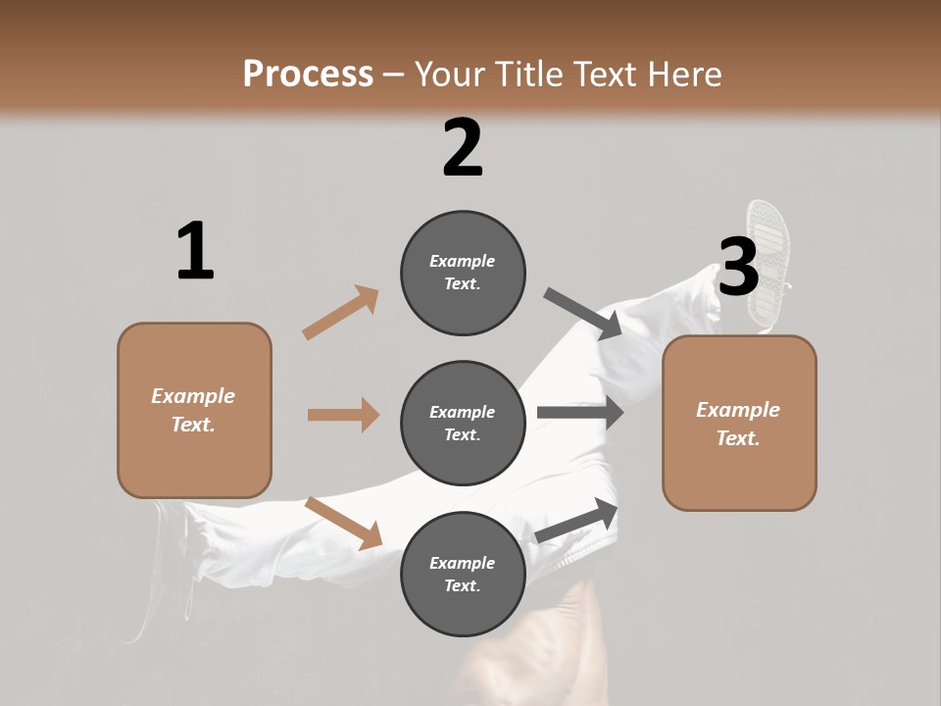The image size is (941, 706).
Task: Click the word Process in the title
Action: (x=308, y=75)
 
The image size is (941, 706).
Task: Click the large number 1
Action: (x=195, y=252)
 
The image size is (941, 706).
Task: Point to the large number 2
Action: (x=463, y=148)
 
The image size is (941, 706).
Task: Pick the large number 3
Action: (x=738, y=267)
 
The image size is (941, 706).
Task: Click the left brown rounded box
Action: (x=194, y=410)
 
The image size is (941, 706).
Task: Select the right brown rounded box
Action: (x=739, y=423)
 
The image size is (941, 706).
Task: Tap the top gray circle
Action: (x=463, y=273)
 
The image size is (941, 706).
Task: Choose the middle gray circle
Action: (x=463, y=423)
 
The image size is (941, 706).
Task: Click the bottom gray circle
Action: (x=463, y=574)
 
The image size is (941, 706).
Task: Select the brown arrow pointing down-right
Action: (x=343, y=523)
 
